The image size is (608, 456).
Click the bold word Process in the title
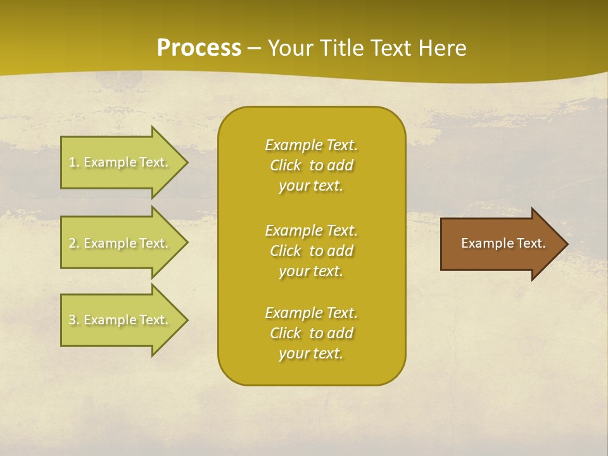(x=199, y=47)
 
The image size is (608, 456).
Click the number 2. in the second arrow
(x=73, y=243)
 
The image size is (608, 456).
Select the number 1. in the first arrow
(x=73, y=162)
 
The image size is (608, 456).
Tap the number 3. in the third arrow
(x=73, y=320)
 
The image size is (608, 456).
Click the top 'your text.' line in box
(x=311, y=186)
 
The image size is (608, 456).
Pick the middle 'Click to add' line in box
(x=311, y=251)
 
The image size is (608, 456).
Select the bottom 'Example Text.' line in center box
(x=311, y=313)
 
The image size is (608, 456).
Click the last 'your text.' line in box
(x=311, y=354)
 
